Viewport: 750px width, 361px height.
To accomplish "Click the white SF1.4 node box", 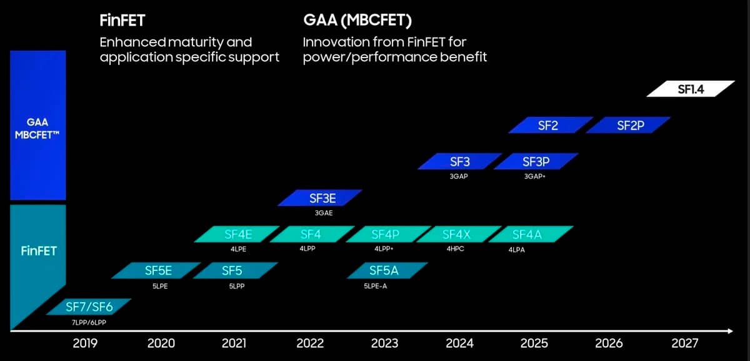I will click(690, 89).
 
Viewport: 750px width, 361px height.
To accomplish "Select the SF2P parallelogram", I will click(629, 125).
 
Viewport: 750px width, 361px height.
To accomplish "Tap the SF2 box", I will click(547, 125).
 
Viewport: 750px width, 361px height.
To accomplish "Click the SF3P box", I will click(535, 161).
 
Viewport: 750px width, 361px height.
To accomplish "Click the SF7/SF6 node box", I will click(89, 307).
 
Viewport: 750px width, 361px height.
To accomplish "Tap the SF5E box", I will click(157, 270).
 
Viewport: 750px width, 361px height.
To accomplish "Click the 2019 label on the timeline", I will click(85, 343).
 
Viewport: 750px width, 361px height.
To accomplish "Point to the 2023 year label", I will click(384, 343).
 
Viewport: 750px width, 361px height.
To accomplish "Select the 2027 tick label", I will click(684, 343).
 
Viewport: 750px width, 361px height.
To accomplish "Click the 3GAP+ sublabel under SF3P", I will click(535, 176).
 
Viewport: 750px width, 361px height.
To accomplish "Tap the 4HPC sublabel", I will click(455, 249).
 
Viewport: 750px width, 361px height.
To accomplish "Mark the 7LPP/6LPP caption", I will click(89, 322).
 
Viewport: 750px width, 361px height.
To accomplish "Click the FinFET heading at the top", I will click(122, 21).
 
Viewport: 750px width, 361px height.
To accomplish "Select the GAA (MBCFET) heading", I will click(357, 21).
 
